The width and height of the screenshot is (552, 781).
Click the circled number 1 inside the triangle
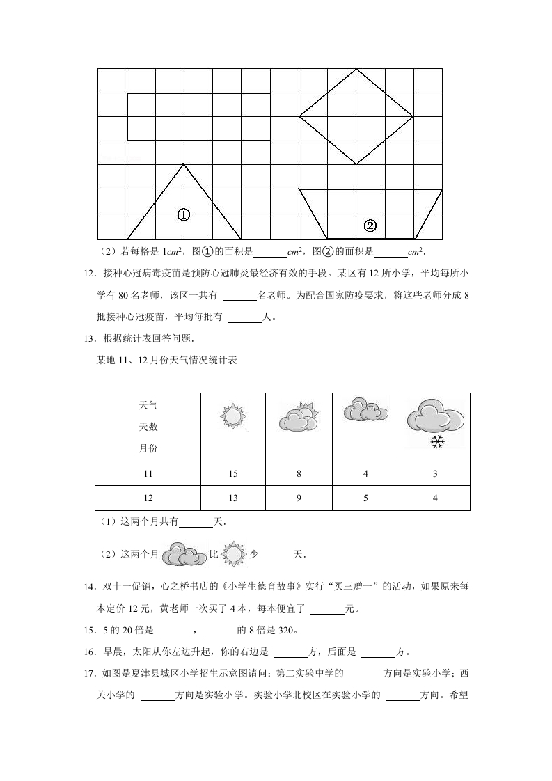click(184, 215)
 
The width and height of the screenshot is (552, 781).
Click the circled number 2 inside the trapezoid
click(370, 226)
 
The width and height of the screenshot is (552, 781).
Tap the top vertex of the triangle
click(184, 164)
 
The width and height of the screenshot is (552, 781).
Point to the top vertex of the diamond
click(356, 69)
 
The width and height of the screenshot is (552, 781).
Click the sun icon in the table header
click(233, 416)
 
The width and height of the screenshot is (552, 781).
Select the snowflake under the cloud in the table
click(437, 441)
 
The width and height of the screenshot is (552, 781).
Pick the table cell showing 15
click(232, 474)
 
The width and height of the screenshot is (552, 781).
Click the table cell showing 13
click(232, 498)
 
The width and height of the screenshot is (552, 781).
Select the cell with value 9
click(299, 498)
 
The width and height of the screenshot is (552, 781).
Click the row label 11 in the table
click(148, 474)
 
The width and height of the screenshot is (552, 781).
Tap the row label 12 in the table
click(148, 498)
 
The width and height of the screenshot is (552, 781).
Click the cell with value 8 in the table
click(299, 474)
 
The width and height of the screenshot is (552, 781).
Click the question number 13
click(88, 339)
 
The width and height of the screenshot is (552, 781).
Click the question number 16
click(88, 652)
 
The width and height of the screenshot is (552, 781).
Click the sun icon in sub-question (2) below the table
click(235, 555)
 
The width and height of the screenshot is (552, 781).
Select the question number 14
click(88, 587)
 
